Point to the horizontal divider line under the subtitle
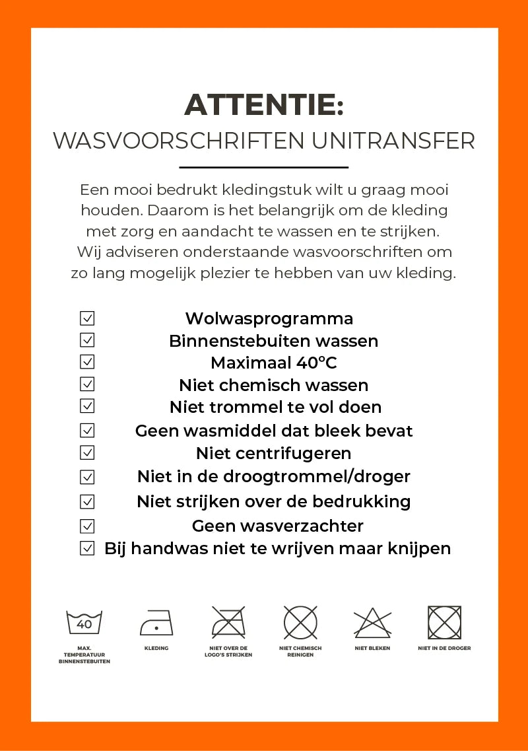[264, 168]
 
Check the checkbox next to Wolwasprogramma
[87, 318]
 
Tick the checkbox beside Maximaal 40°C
[87, 362]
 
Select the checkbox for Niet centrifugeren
[87, 453]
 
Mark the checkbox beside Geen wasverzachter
[87, 526]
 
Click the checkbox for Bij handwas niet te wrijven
[87, 548]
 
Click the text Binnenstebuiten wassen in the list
[274, 341]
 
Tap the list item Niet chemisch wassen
[274, 385]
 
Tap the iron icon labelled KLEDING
[156, 623]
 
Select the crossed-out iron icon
[228, 622]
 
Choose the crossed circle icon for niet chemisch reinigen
[300, 622]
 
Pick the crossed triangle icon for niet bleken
[372, 623]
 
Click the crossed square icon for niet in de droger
[444, 622]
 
